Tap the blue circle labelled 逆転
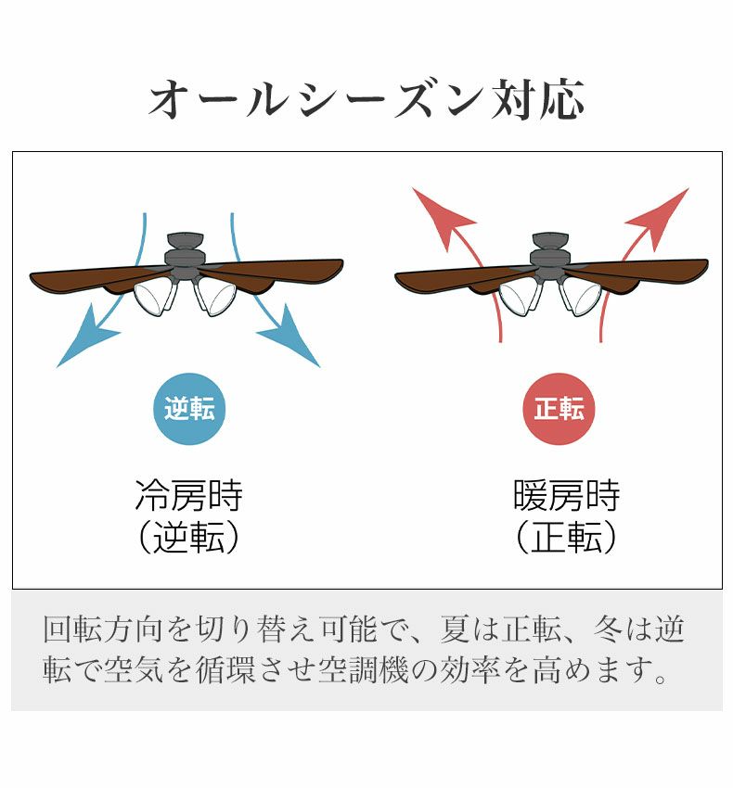(188, 409)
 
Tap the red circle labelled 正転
(559, 409)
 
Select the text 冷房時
(188, 496)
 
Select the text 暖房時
(566, 496)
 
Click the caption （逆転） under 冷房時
(188, 539)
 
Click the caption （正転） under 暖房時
(566, 539)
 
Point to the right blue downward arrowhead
(291, 337)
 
